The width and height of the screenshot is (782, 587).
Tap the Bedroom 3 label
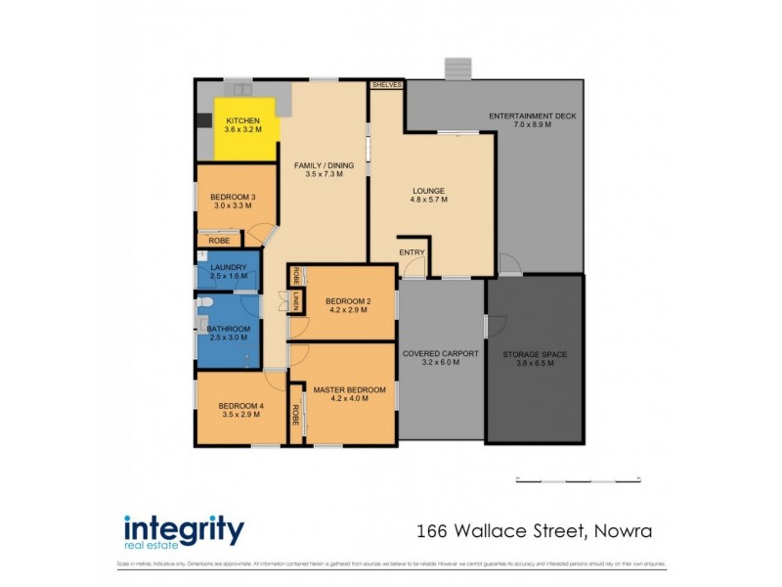[x=232, y=201]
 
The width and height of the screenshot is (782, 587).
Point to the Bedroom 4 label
[x=239, y=410]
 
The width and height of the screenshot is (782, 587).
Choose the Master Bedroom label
[x=349, y=394]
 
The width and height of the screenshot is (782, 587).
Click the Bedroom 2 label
[x=347, y=305]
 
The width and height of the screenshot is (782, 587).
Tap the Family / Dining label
[x=324, y=170]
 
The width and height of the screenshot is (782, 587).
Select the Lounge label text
[x=428, y=195]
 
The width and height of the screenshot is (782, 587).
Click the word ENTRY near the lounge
[x=412, y=252]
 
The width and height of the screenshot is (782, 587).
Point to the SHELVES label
[x=386, y=85]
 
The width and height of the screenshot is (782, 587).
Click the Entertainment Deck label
[x=533, y=120]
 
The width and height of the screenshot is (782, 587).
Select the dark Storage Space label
[x=534, y=358]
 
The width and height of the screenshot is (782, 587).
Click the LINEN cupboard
[x=293, y=302]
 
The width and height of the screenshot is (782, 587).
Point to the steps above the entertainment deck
[x=457, y=68]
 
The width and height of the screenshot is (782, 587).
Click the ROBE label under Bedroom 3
[x=219, y=240]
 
